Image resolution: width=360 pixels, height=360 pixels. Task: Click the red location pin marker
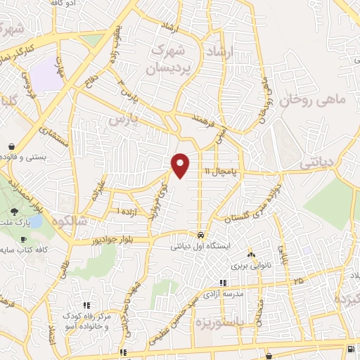tap(181, 165)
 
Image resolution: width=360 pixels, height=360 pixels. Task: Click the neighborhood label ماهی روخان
tap(313, 101)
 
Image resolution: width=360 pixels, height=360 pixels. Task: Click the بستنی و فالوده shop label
tap(25, 157)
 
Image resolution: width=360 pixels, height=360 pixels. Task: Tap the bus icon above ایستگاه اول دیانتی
tap(201, 236)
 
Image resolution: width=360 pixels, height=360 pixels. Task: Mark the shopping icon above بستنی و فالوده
tap(13, 146)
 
